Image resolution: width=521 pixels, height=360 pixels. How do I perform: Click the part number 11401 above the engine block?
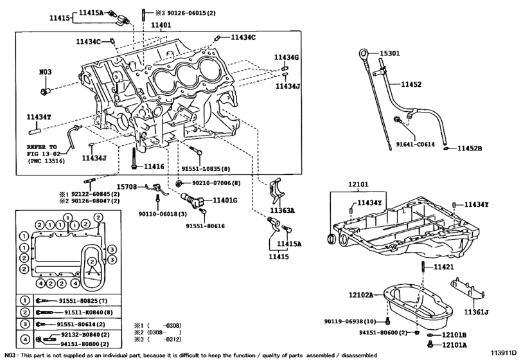pyautogui.click(x=161, y=26)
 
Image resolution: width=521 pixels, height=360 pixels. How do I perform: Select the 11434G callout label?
pyautogui.click(x=287, y=57)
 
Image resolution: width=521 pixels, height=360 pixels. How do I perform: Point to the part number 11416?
pyautogui.click(x=154, y=166)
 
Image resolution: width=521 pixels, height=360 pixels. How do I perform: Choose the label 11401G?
pyautogui.click(x=225, y=201)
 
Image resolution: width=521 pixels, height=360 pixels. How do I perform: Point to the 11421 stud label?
pyautogui.click(x=443, y=266)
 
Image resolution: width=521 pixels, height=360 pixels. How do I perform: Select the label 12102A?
pyautogui.click(x=361, y=295)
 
